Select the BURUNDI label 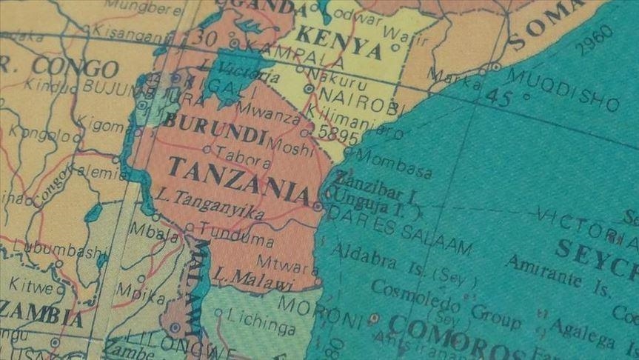pos(214,129)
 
